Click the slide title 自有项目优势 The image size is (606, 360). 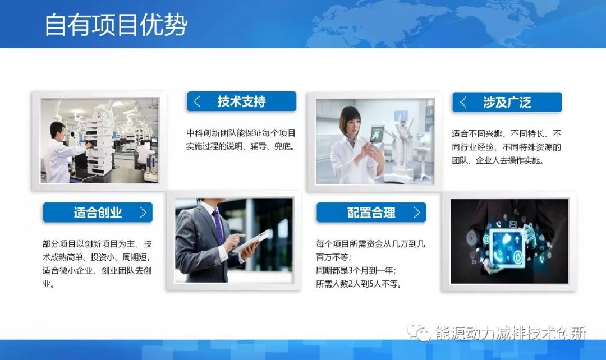(116, 25)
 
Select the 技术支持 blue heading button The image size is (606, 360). (241, 101)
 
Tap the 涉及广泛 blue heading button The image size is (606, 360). (507, 102)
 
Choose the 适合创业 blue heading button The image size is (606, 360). (97, 213)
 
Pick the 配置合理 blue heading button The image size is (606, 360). (371, 213)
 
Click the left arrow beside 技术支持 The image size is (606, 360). (196, 101)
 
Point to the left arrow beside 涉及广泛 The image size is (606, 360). (463, 102)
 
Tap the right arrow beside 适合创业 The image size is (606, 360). (143, 213)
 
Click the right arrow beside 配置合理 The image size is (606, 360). (416, 213)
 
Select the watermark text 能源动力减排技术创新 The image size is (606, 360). (511, 333)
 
